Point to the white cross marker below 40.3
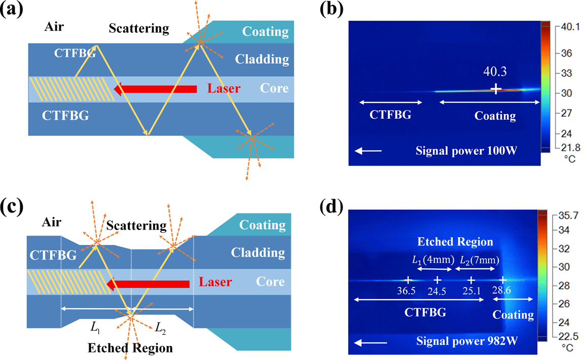pos(496,89)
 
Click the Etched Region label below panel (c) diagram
pos(130,348)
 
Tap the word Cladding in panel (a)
pos(262,59)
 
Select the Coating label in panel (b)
pos(495,116)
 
